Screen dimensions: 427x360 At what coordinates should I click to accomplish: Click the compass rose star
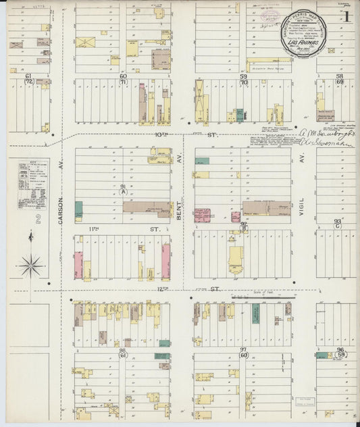30,265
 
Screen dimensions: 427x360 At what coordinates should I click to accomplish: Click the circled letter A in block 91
123,191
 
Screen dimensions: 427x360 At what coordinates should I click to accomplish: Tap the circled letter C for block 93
337,226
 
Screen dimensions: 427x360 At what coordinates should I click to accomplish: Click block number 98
123,351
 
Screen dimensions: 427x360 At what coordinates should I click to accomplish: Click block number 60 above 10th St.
123,76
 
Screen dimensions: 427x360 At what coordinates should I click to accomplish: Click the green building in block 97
255,312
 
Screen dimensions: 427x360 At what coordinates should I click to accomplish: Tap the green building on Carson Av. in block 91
79,209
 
